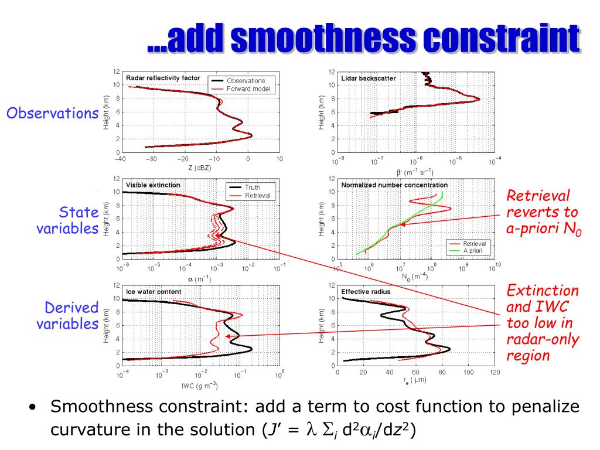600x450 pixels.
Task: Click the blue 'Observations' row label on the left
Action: (x=51, y=113)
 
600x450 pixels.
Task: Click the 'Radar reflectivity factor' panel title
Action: (x=163, y=77)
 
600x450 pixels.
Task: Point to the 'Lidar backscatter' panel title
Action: (x=369, y=78)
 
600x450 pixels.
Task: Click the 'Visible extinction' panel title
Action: (x=154, y=185)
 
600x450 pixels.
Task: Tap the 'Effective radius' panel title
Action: (x=366, y=291)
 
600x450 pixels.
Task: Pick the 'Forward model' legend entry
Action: (x=246, y=88)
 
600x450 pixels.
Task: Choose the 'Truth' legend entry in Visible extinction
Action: (x=253, y=187)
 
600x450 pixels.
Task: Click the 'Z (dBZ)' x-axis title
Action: (x=199, y=169)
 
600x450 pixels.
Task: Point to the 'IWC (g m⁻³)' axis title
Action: (x=199, y=385)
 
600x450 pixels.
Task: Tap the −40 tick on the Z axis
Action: (x=121, y=159)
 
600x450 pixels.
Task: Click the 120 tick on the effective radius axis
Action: (x=496, y=373)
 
